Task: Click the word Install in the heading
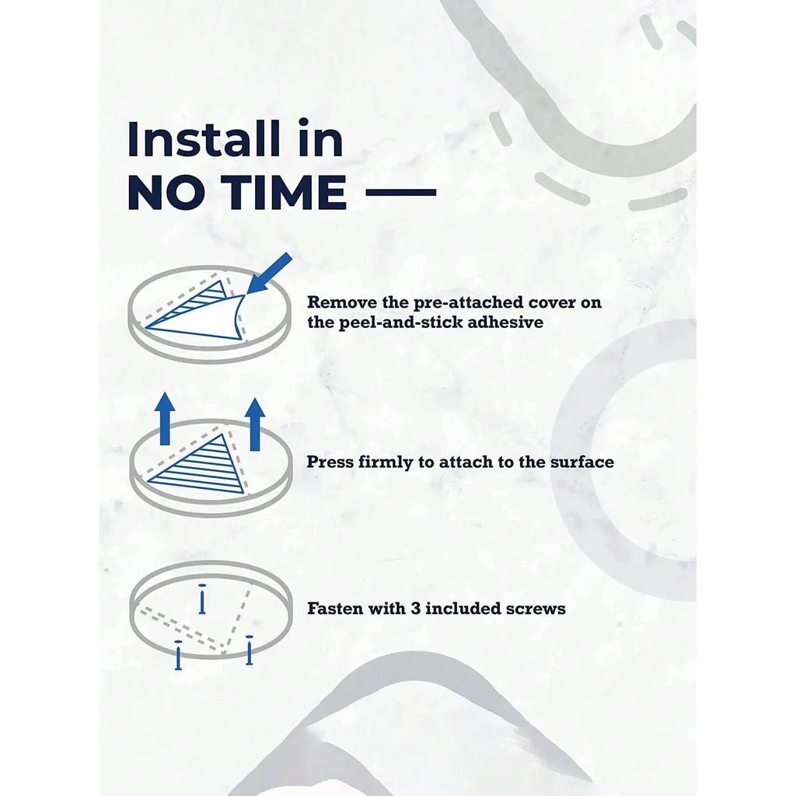pos(203,138)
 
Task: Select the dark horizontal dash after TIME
pos(401,193)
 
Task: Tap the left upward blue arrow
pos(165,419)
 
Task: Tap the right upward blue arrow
pos(255,424)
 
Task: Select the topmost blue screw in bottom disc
pos(202,599)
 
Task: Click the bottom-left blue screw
pos(178,655)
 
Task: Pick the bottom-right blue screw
pos(249,650)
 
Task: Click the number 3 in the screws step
pos(415,608)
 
